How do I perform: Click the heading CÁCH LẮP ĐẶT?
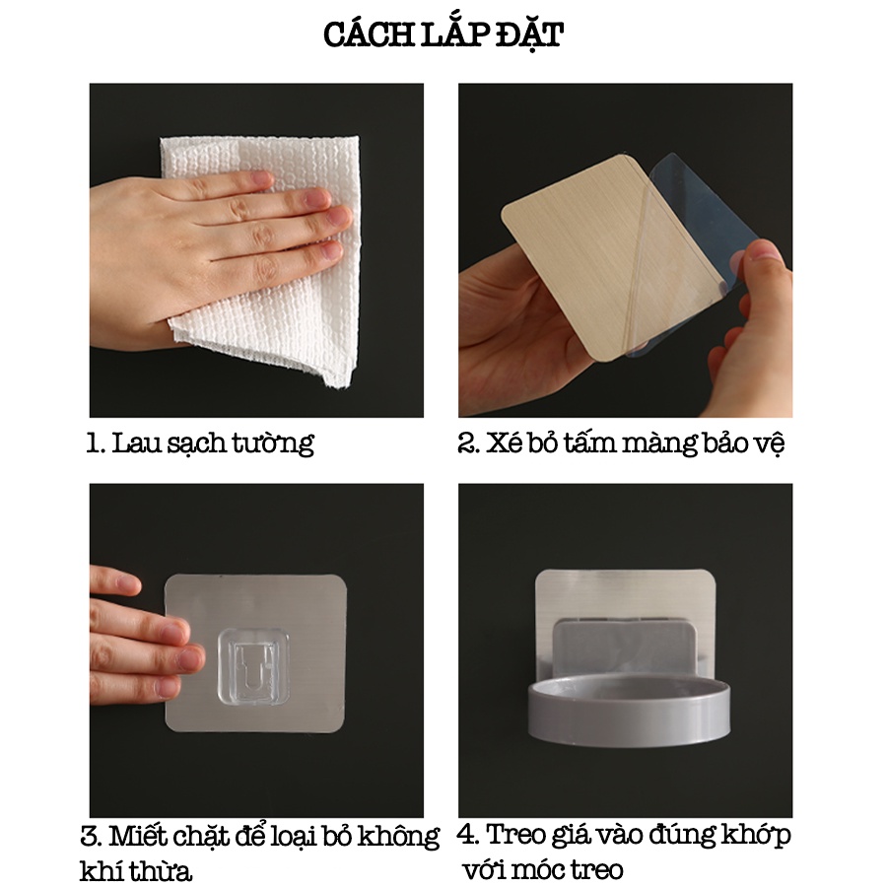(x=443, y=35)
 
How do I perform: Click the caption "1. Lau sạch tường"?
(x=200, y=443)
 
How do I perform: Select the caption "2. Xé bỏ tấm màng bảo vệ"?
(x=621, y=443)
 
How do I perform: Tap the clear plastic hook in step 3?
(x=253, y=666)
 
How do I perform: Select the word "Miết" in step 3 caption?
(x=139, y=836)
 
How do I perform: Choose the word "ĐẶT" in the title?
(x=529, y=36)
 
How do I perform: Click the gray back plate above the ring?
(x=624, y=650)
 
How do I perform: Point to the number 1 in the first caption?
(x=92, y=443)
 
